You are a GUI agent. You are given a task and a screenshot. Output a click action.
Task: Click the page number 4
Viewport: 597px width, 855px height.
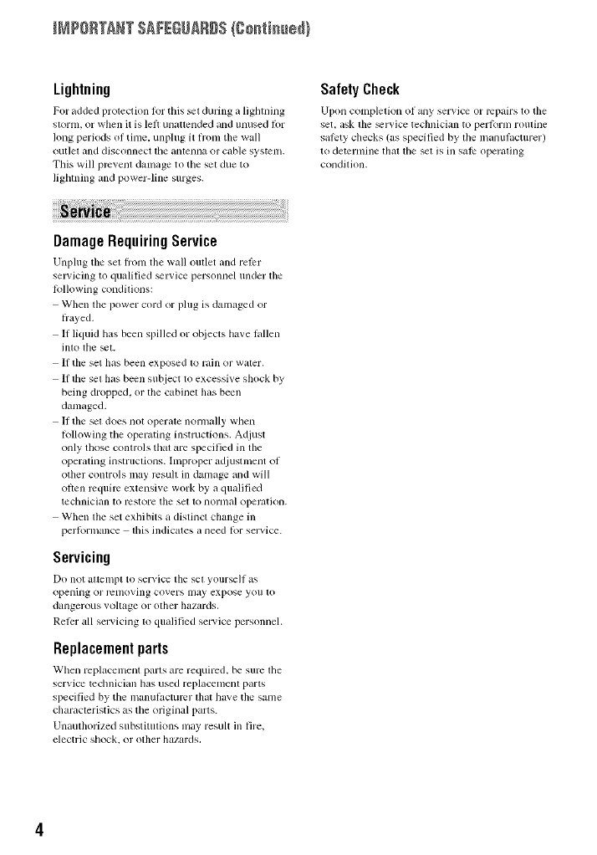pyautogui.click(x=38, y=829)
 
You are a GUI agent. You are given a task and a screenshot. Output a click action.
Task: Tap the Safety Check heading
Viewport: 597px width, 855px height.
pyautogui.click(x=361, y=90)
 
